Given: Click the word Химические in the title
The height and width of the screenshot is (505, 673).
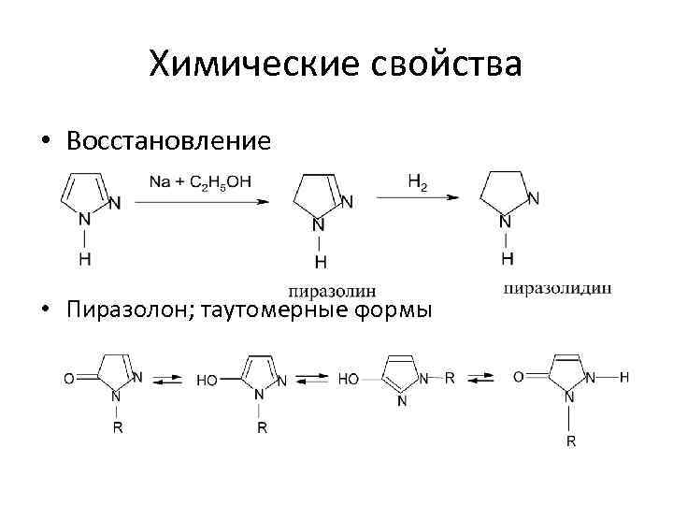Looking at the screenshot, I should point(251,65).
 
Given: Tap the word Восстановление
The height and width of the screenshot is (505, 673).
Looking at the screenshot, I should point(169,141).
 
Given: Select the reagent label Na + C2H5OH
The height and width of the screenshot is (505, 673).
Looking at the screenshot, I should point(199,181).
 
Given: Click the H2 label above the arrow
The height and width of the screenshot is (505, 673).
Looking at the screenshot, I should point(417,181).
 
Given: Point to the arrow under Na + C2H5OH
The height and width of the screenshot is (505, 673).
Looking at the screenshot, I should point(199,200).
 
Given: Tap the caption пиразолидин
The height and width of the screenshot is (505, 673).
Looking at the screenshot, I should point(558,288).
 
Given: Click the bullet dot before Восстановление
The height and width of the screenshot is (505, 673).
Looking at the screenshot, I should point(45,142).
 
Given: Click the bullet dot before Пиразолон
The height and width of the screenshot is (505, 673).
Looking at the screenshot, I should point(45,310).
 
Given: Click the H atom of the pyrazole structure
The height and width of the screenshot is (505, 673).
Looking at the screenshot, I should point(85,259).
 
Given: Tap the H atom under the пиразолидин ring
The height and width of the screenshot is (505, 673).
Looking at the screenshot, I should point(506,257).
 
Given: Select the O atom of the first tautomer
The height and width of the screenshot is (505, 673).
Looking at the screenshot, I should point(67,379).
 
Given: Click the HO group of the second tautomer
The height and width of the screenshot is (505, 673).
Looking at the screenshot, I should point(207,381).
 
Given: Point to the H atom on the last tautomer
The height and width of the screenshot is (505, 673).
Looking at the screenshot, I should point(624,378).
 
